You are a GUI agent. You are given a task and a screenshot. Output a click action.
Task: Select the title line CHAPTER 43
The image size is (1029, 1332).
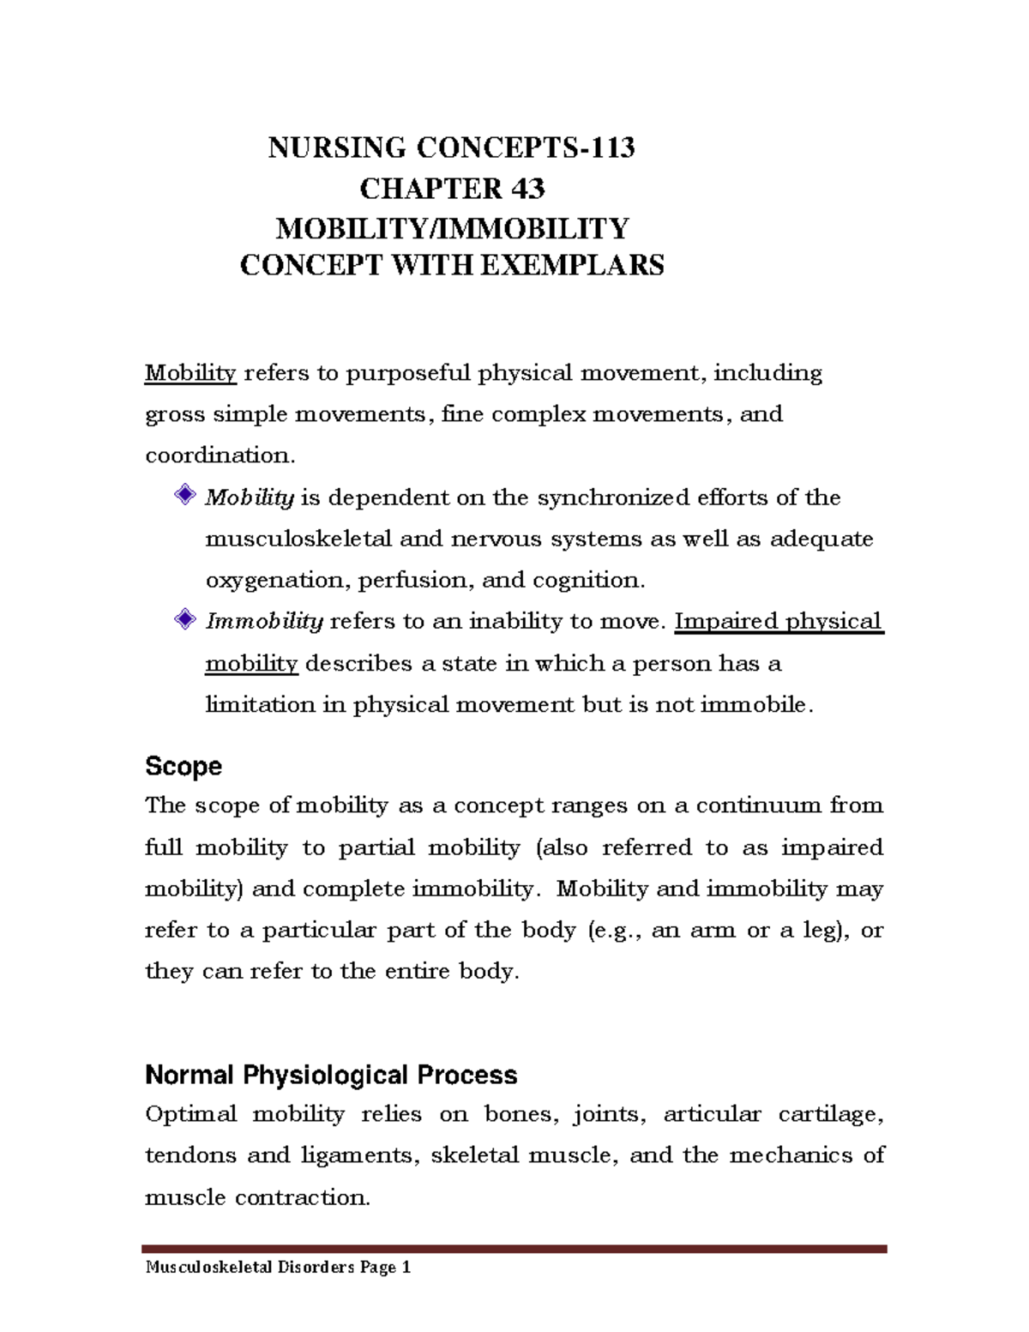pyautogui.click(x=452, y=189)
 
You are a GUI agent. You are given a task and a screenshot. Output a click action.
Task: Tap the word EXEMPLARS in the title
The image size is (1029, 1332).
pyautogui.click(x=571, y=265)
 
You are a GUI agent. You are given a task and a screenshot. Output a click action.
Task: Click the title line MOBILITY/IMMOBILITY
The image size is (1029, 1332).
pyautogui.click(x=452, y=228)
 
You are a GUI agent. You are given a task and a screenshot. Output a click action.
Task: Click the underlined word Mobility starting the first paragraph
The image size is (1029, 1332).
pyautogui.click(x=190, y=373)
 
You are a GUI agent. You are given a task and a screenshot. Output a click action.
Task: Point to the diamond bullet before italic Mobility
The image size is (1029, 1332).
pyautogui.click(x=184, y=495)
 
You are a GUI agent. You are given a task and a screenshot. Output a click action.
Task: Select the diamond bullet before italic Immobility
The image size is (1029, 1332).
pyautogui.click(x=184, y=618)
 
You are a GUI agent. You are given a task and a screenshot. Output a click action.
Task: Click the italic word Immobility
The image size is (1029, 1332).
pyautogui.click(x=264, y=621)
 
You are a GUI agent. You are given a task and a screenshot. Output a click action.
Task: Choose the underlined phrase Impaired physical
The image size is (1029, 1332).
pyautogui.click(x=779, y=621)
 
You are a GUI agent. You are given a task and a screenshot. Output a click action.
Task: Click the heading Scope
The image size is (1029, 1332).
pyautogui.click(x=184, y=766)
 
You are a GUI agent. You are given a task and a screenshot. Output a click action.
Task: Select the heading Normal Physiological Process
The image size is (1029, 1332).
pyautogui.click(x=331, y=1075)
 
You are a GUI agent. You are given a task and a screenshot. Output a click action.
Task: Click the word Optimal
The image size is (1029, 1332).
pyautogui.click(x=190, y=1114)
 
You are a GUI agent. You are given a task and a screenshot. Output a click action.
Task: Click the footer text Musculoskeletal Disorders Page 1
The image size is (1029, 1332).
pyautogui.click(x=279, y=1267)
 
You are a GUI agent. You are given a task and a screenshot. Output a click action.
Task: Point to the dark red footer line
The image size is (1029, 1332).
pyautogui.click(x=514, y=1249)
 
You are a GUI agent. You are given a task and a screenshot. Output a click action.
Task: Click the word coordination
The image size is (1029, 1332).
pyautogui.click(x=220, y=455)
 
